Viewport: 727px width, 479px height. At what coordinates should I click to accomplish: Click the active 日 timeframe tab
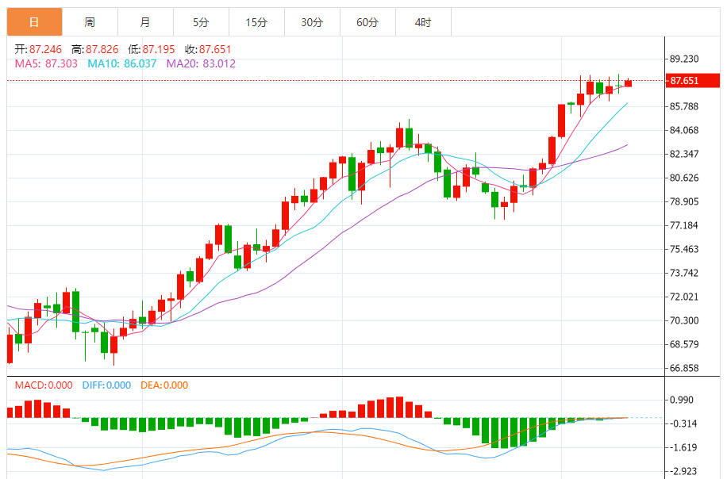tap(34, 22)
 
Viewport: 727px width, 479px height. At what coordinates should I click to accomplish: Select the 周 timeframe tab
tap(90, 22)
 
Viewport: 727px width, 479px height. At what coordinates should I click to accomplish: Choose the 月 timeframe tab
tap(145, 22)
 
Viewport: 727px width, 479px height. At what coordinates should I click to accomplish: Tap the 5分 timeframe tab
tap(201, 22)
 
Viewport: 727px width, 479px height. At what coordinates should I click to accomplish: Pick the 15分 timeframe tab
tap(256, 22)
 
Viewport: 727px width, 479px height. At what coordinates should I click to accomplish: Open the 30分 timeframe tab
tap(312, 22)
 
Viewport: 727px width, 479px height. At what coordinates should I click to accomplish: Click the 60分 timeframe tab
tap(367, 22)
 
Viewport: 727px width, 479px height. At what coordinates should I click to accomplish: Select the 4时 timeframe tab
tap(423, 22)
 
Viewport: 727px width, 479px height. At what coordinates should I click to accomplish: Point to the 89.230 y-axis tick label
tap(684, 59)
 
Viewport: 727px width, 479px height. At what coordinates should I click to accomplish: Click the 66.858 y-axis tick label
tap(684, 368)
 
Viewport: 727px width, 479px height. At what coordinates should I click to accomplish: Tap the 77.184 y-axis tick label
tap(684, 225)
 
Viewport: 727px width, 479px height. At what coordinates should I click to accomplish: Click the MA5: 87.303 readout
tap(46, 63)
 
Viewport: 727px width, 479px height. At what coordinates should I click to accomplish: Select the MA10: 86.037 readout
tap(122, 63)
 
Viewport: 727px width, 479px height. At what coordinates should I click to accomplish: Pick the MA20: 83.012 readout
tap(201, 63)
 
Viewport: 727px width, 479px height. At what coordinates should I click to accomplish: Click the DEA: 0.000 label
tap(164, 385)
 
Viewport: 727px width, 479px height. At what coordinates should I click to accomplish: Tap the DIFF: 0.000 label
tap(106, 385)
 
